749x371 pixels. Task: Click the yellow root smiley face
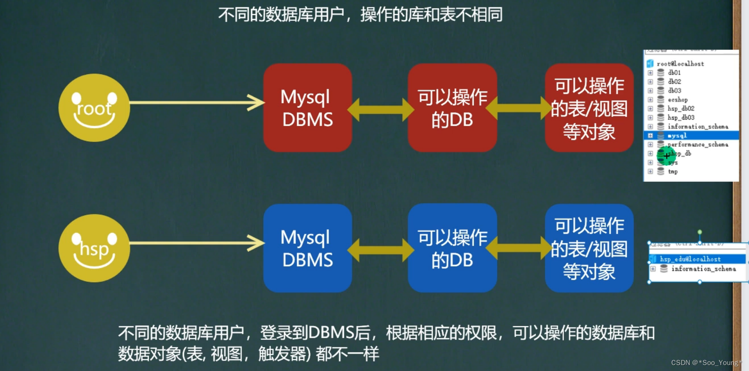(94, 107)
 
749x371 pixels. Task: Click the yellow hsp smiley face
(94, 248)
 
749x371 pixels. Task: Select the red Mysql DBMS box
(307, 108)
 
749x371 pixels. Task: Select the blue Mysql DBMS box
(307, 248)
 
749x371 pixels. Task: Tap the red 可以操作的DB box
(452, 108)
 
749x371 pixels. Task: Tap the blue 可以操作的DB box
(452, 248)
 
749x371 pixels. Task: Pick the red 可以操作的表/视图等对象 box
(589, 108)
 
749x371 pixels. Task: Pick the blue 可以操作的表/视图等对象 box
(589, 248)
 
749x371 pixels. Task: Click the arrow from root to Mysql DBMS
(196, 102)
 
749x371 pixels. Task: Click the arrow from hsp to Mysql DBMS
(196, 243)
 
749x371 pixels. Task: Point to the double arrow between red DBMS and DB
(380, 109)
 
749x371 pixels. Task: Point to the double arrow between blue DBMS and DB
(380, 249)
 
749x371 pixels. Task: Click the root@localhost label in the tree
(680, 64)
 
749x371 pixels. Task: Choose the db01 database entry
(674, 72)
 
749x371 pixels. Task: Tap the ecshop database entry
(678, 99)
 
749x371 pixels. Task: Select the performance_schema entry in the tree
(698, 145)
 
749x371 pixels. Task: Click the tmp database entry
(673, 171)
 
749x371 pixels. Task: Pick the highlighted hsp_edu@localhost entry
(690, 259)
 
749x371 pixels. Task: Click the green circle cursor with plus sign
(666, 156)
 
